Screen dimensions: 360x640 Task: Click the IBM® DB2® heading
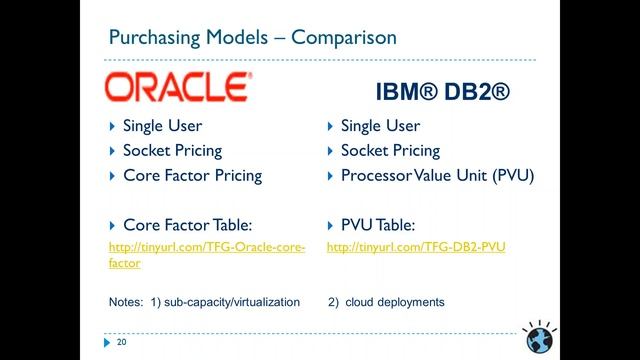coord(442,92)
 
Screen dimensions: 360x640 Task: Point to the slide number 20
coord(122,342)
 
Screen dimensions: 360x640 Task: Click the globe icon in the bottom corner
coord(539,335)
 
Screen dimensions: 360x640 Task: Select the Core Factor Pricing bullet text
coord(192,175)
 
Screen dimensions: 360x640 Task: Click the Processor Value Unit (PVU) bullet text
coord(438,175)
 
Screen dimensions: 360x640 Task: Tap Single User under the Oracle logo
coord(162,126)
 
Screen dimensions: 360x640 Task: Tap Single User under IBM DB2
coord(380,126)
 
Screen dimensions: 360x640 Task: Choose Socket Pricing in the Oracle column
coord(172,151)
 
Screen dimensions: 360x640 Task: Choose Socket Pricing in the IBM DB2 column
coord(390,151)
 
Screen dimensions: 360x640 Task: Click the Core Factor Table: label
coord(186,225)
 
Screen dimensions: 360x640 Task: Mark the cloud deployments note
coord(395,301)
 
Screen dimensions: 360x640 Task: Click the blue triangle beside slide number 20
coord(108,342)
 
